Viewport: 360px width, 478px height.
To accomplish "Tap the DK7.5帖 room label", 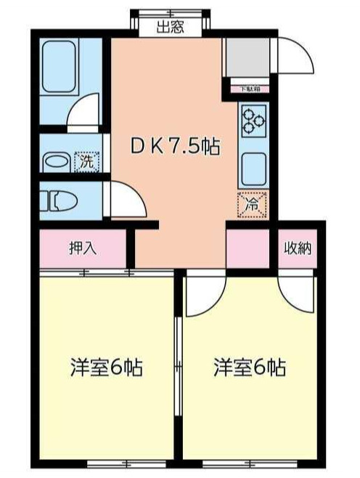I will coord(173,145).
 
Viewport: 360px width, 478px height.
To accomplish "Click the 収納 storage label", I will coord(298,248).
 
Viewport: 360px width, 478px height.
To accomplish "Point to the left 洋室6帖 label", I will coord(106,367).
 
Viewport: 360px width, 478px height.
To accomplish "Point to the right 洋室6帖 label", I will coord(249,367).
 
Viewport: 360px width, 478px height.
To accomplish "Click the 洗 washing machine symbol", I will coord(86,161).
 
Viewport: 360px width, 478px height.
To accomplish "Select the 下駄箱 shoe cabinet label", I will coord(249,89).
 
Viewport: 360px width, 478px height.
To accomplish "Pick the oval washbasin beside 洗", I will coord(55,161).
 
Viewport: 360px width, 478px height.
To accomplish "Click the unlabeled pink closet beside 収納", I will coord(248,248).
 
